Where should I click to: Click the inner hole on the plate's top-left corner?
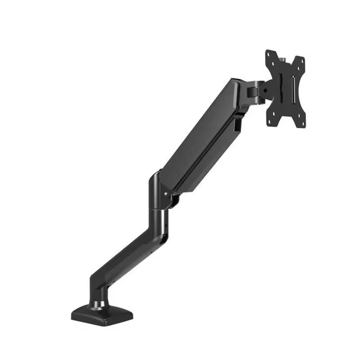(274, 63)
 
